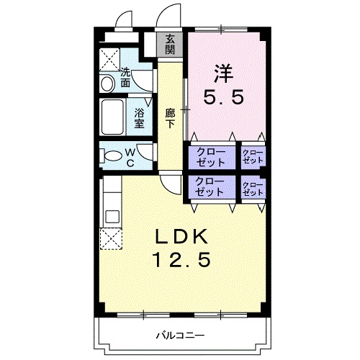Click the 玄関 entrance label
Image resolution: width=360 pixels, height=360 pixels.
tap(170, 44)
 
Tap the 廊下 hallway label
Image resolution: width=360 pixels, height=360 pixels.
tap(170, 118)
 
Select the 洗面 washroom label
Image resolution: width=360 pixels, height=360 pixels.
tap(125, 78)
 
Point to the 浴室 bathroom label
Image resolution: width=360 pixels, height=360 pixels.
tap(139, 118)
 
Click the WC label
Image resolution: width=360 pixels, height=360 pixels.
tap(130, 158)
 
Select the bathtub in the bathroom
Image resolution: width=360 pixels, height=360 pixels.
tap(112, 117)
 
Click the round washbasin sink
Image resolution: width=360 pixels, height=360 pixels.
tap(107, 84)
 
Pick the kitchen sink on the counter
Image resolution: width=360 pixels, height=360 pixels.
tap(113, 217)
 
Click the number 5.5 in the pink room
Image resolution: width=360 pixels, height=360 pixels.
tap(224, 96)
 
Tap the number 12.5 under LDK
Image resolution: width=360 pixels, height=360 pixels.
tap(182, 259)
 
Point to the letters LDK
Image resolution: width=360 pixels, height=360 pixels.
tap(182, 236)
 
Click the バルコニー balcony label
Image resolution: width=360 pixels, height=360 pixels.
tap(181, 335)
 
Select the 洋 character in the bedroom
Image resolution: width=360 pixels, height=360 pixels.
tap(224, 73)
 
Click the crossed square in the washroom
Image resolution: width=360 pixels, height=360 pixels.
tap(109, 60)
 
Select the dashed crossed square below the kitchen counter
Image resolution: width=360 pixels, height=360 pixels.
tap(111, 239)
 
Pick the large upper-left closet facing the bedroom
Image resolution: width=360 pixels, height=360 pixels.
tap(211, 158)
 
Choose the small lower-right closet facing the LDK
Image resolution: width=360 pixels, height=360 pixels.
tap(253, 189)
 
